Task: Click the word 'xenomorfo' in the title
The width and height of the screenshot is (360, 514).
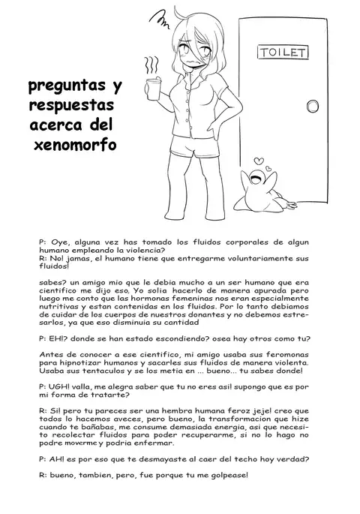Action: pos(75,143)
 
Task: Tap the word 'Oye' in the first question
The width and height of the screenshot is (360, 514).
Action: pos(60,243)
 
